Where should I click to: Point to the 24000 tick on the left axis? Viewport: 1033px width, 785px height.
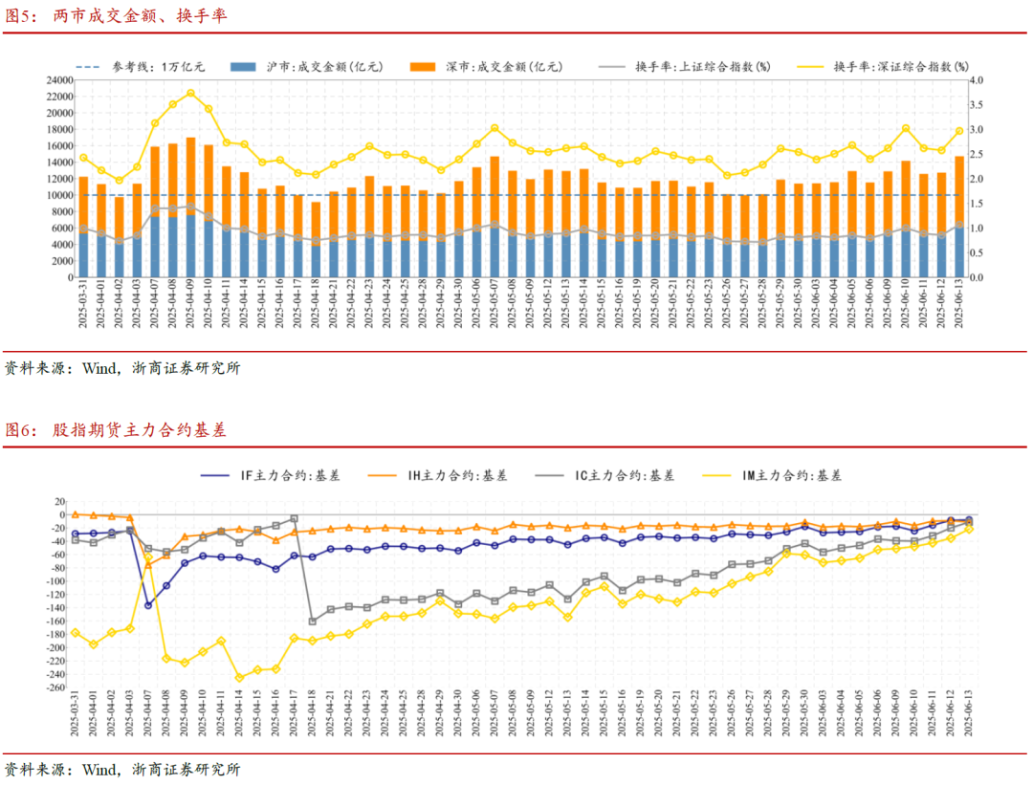click(60, 80)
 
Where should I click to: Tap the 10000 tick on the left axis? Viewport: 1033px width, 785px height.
click(60, 195)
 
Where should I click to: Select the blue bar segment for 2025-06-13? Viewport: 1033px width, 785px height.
click(959, 251)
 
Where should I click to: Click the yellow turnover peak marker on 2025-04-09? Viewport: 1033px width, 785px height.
click(191, 93)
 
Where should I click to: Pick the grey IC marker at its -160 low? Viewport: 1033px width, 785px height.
click(312, 621)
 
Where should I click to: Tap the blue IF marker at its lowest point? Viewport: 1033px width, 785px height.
click(148, 604)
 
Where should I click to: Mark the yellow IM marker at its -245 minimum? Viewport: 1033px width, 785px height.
click(239, 678)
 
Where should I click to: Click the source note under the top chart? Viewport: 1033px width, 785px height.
click(122, 368)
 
